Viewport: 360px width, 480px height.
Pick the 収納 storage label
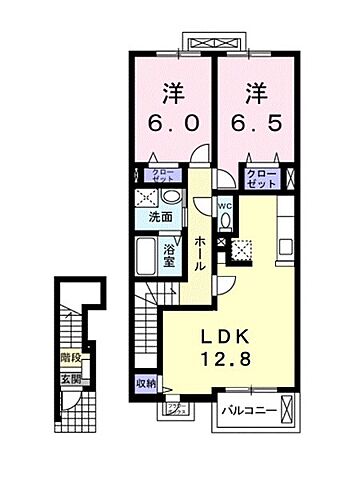146,383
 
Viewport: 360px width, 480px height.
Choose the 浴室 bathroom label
170,258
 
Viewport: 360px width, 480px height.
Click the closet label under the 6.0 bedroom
164,176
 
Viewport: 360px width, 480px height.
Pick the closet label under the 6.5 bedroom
260,177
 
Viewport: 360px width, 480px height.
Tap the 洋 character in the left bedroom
174,90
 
